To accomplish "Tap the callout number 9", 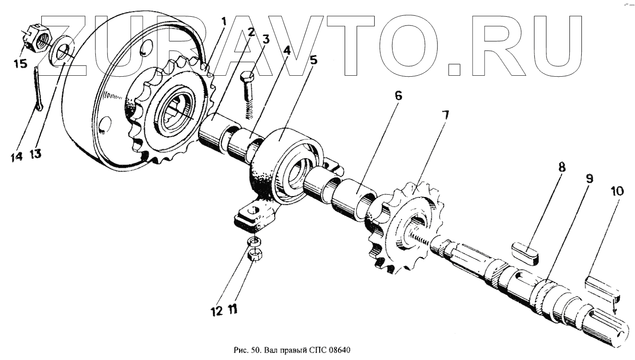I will point(589,179).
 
